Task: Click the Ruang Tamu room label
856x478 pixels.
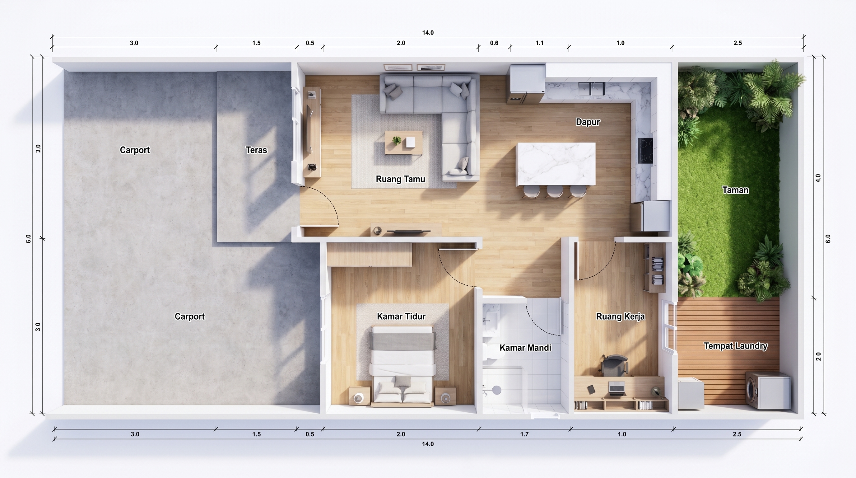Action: pos(400,179)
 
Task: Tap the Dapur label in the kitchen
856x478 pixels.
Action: pos(588,122)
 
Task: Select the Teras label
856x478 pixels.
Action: pos(256,150)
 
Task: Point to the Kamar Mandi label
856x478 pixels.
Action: pos(525,348)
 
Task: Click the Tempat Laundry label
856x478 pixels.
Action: pos(736,346)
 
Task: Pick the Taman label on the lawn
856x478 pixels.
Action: pos(735,190)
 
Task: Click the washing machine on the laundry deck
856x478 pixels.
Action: pos(768,390)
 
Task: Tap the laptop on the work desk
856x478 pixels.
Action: pos(617,388)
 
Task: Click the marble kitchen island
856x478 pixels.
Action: pos(556,164)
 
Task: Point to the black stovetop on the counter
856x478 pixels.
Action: pos(645,151)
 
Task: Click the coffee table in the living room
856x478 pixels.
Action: pos(403,143)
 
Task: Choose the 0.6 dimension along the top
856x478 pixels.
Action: pos(494,43)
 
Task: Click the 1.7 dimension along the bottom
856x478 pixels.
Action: pos(524,434)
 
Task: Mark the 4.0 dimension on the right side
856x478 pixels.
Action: pos(818,178)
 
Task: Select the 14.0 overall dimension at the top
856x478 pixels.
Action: pos(428,33)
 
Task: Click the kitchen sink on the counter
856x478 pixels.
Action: pos(591,89)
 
